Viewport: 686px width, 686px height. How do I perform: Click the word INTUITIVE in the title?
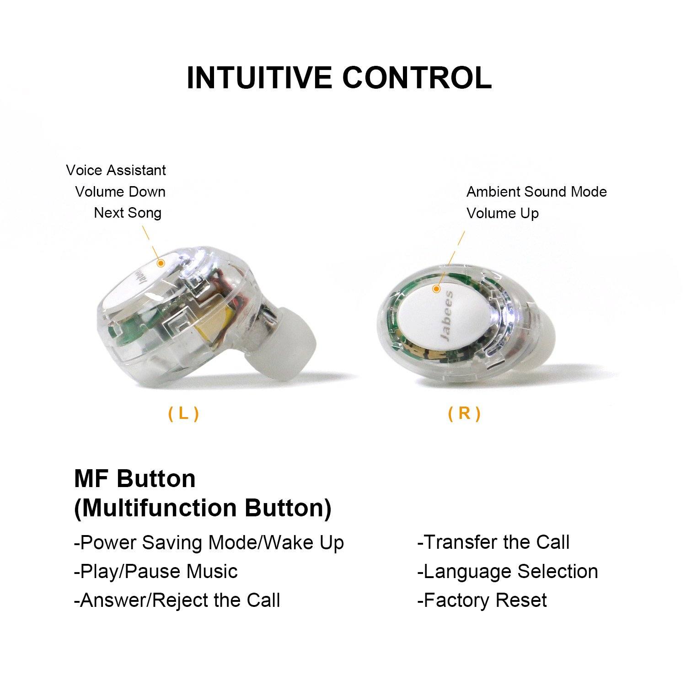pyautogui.click(x=259, y=78)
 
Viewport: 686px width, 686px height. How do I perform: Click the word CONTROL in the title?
pyautogui.click(x=417, y=78)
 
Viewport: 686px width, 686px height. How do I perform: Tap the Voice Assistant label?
pyautogui.click(x=116, y=170)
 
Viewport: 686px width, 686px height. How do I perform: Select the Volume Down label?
pyautogui.click(x=120, y=192)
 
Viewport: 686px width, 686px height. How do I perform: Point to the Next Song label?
pyautogui.click(x=128, y=213)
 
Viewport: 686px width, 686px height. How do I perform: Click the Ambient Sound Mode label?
pyautogui.click(x=536, y=192)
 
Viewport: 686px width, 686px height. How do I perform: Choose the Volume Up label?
pyautogui.click(x=503, y=213)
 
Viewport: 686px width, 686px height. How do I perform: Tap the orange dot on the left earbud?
pyautogui.click(x=161, y=263)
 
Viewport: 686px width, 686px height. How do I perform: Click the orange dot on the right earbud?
pyautogui.click(x=437, y=289)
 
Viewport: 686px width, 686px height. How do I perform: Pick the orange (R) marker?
pyautogui.click(x=464, y=413)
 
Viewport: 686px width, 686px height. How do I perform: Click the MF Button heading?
pyautogui.click(x=135, y=479)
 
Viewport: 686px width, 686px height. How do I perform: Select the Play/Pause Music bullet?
pyautogui.click(x=156, y=572)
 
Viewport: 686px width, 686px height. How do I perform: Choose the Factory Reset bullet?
pyautogui.click(x=482, y=600)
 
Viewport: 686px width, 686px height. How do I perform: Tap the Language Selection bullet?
pyautogui.click(x=508, y=572)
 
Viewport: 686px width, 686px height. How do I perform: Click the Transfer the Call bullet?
pyautogui.click(x=493, y=542)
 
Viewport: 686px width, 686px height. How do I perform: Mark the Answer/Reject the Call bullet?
pyautogui.click(x=177, y=600)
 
